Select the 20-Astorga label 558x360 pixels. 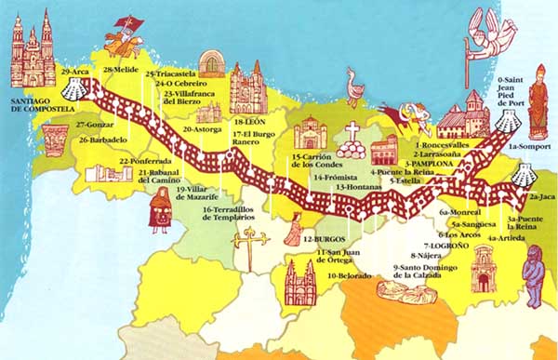click(x=203, y=130)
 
